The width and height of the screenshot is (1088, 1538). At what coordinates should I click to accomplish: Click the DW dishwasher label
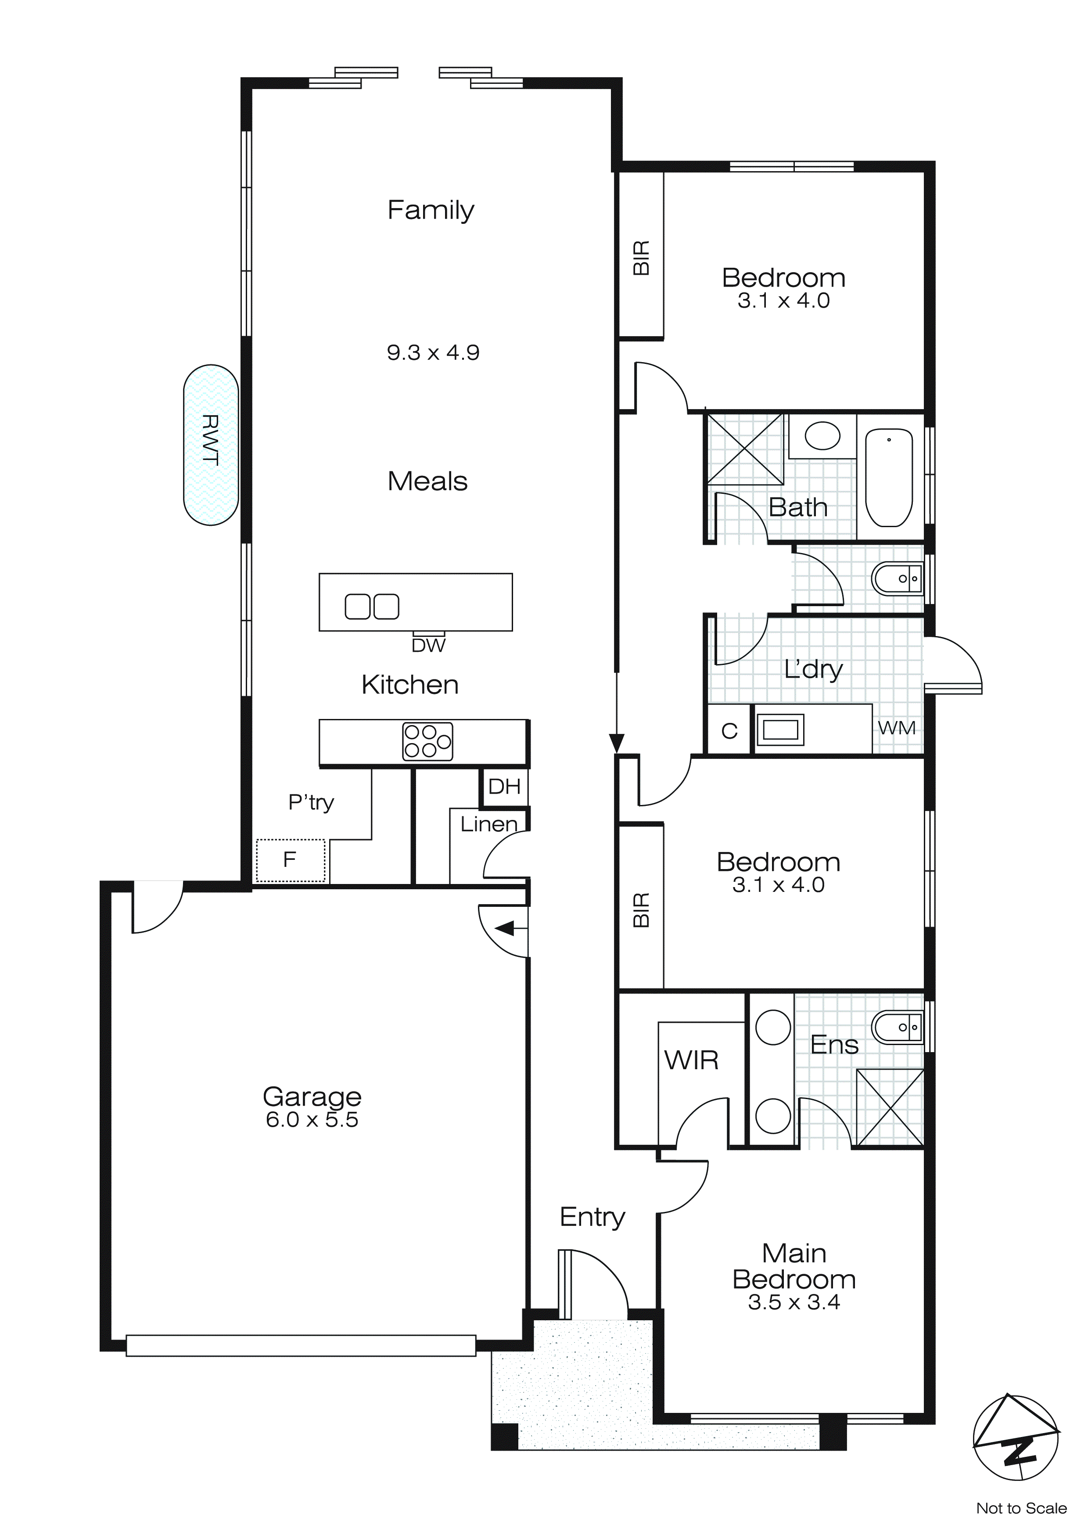428,646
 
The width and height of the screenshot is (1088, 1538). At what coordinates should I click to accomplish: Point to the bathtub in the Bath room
889,477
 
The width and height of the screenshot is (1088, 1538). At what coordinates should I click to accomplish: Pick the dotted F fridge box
291,860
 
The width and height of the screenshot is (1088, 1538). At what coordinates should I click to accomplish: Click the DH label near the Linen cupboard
504,787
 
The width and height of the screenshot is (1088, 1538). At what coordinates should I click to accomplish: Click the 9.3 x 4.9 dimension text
433,352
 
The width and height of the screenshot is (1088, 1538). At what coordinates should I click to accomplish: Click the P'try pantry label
311,802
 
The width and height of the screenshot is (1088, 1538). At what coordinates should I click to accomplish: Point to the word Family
431,210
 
